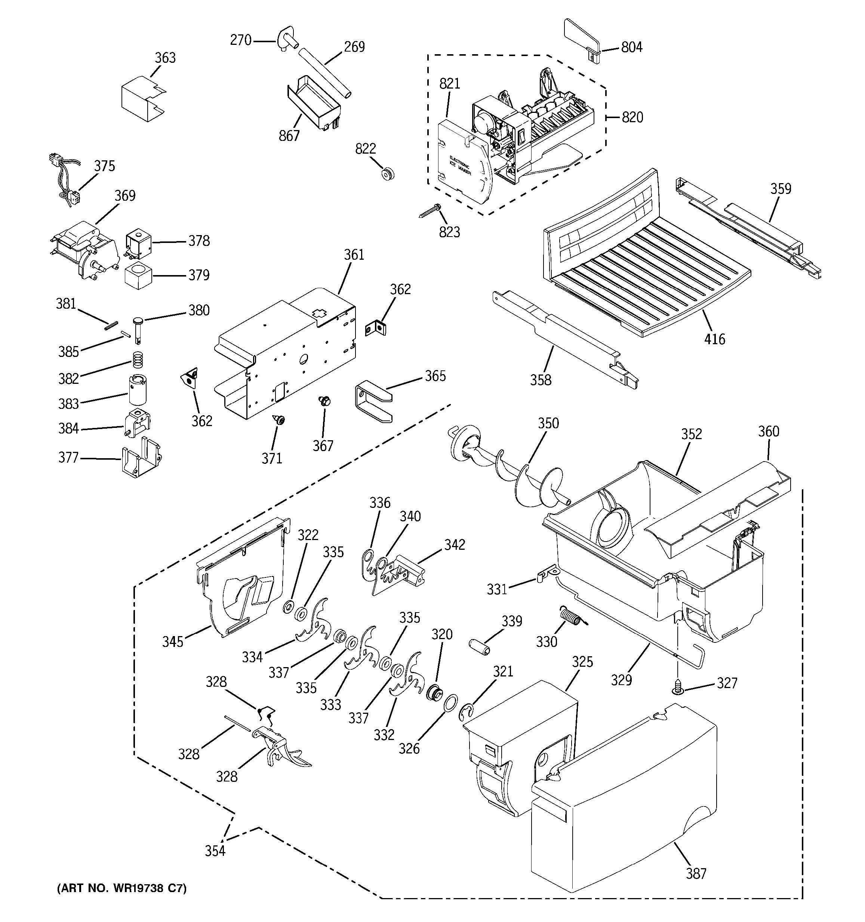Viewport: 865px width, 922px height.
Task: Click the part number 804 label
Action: [x=632, y=47]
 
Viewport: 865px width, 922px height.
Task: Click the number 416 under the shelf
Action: [x=714, y=339]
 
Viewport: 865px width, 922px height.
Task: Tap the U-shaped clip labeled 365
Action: [x=373, y=401]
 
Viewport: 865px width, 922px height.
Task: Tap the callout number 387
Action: [x=696, y=874]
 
